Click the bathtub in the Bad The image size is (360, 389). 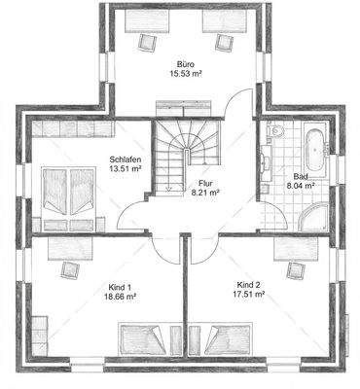(316, 152)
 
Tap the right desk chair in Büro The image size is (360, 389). (224, 41)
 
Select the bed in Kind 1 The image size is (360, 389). (146, 340)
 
